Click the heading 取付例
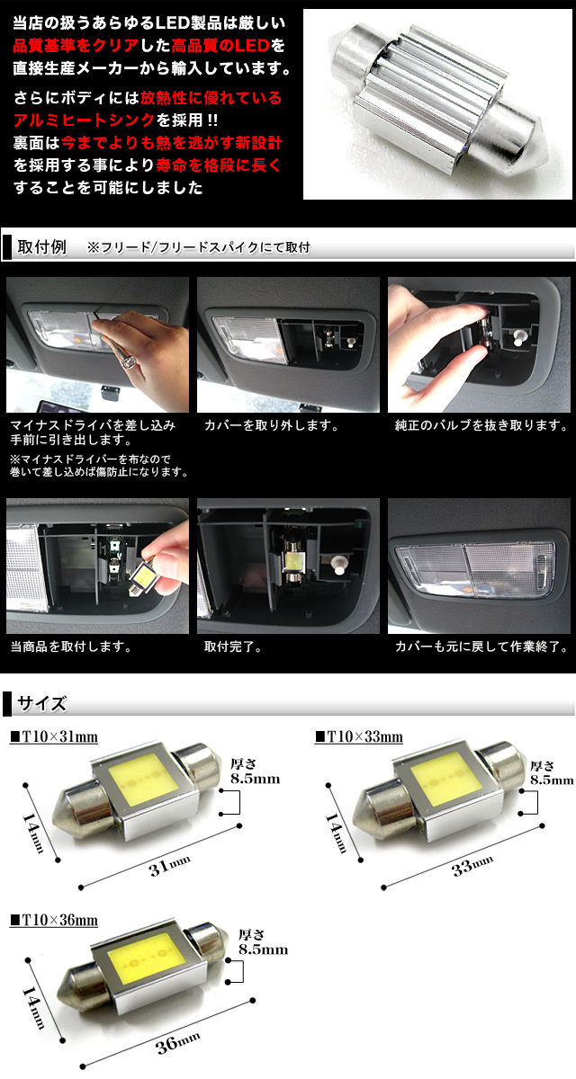(41, 247)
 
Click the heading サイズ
(41, 704)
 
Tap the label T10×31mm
(54, 736)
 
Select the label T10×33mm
(358, 736)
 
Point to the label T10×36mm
(54, 920)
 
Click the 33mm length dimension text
(472, 867)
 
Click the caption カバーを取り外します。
(272, 425)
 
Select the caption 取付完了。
(233, 647)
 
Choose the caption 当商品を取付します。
(71, 647)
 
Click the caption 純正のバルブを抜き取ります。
(481, 425)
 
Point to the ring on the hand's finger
(128, 361)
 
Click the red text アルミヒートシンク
(85, 120)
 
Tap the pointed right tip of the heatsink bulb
(548, 156)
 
